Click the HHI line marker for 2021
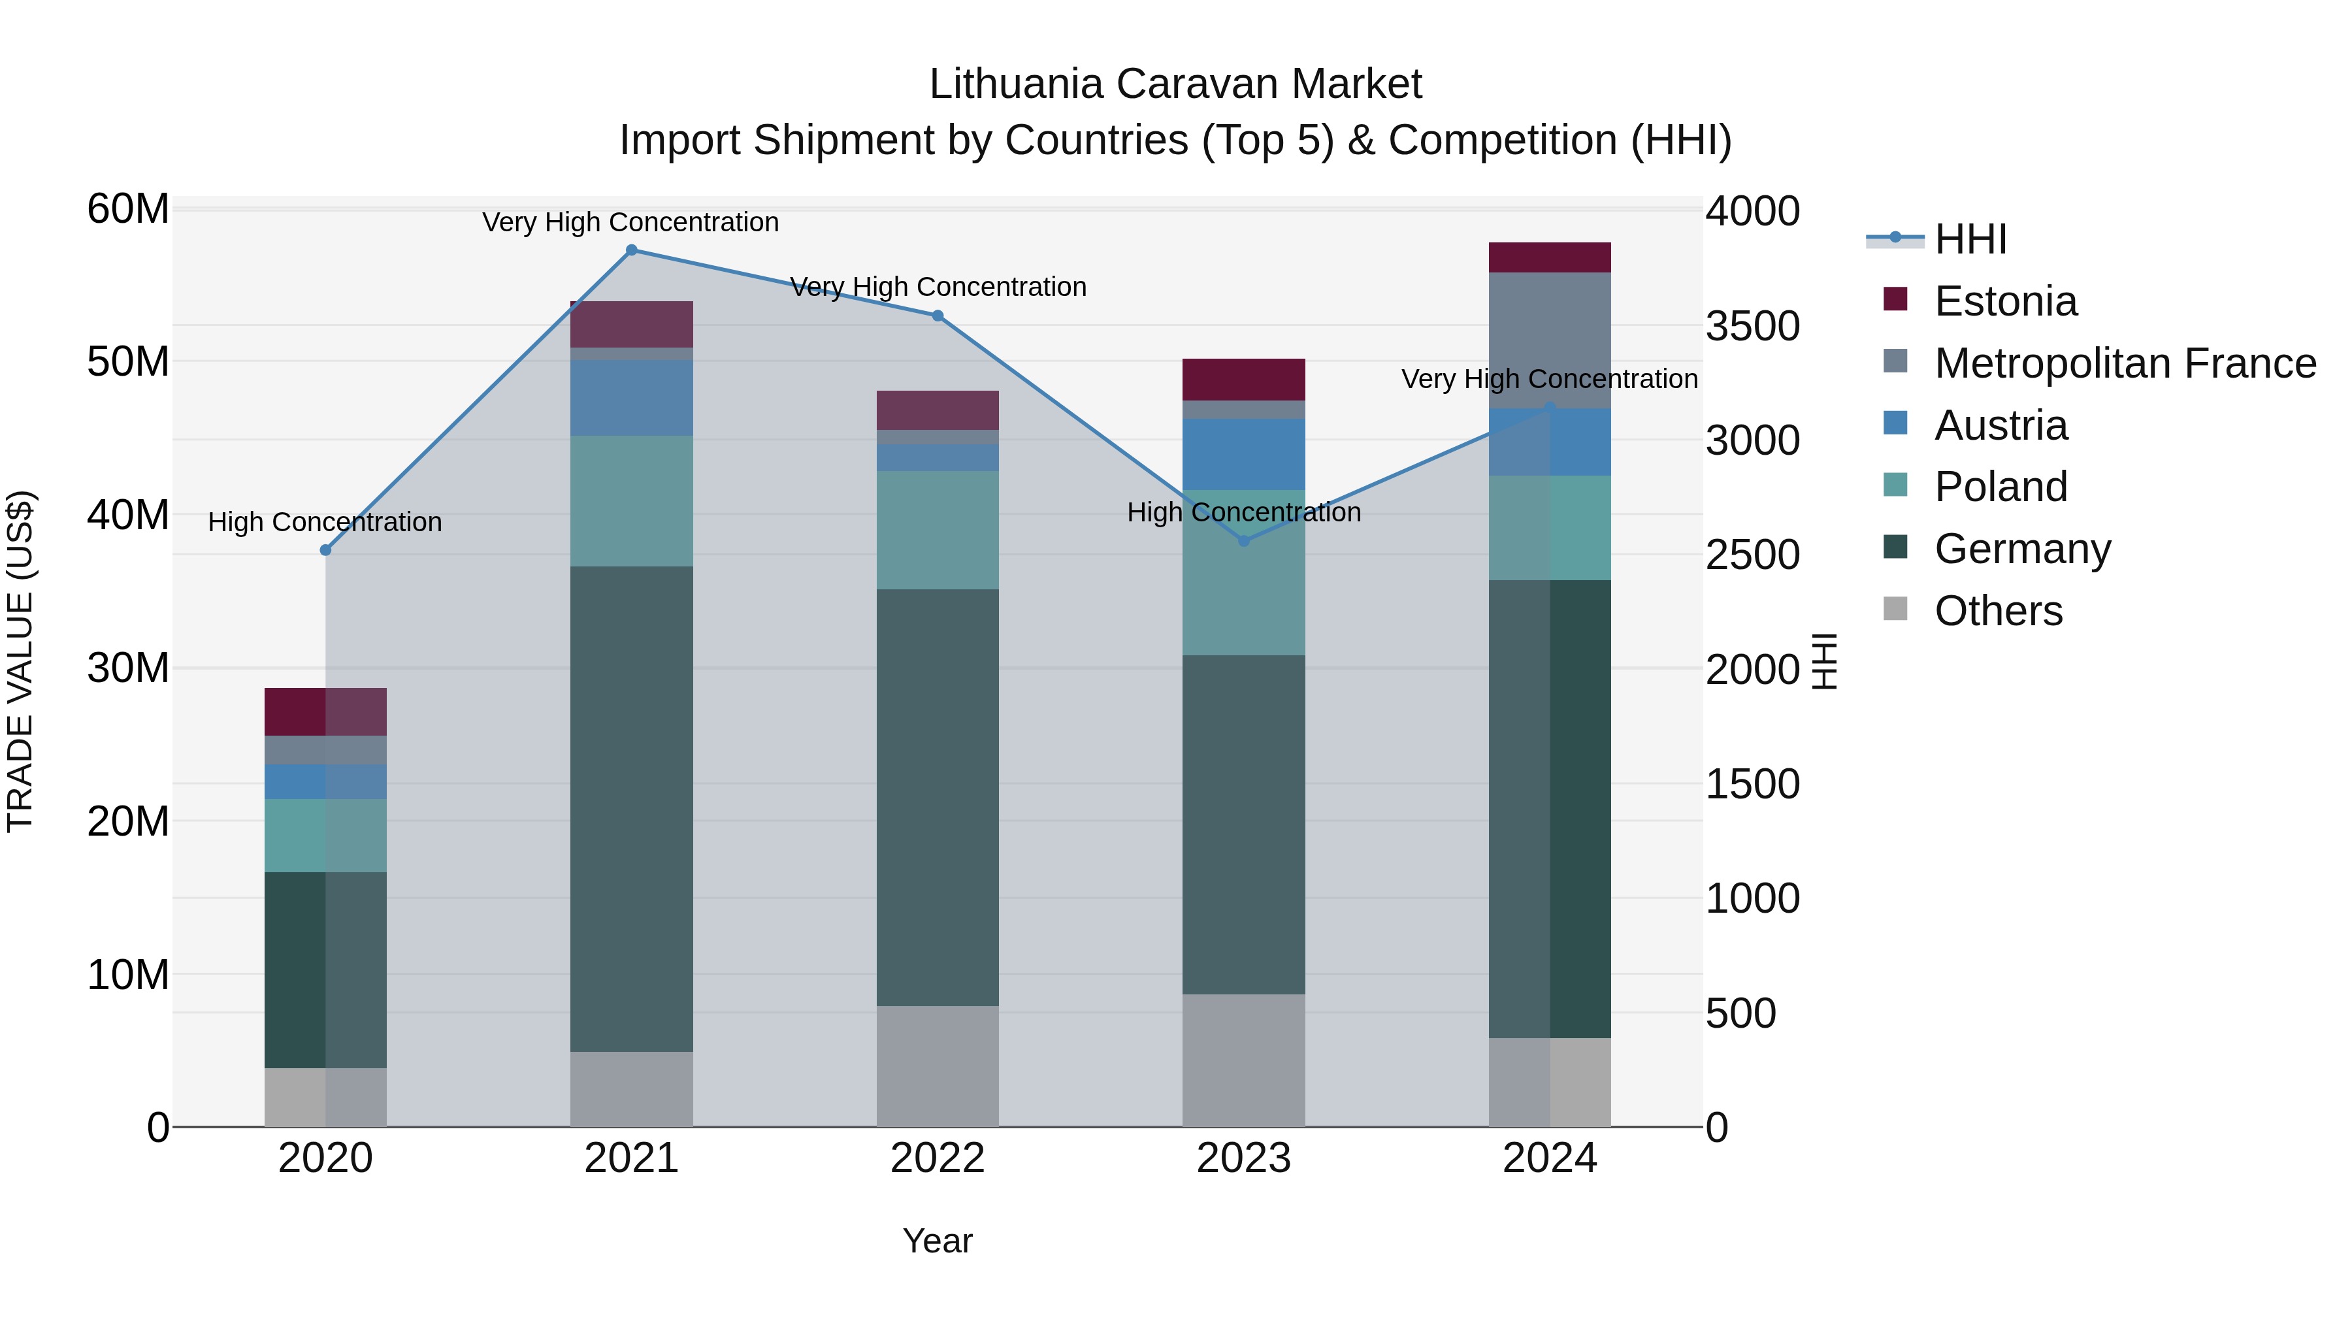(x=631, y=250)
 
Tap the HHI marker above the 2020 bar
(x=325, y=549)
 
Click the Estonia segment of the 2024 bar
(x=1550, y=257)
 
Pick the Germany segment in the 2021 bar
(x=631, y=808)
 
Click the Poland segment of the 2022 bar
(x=938, y=530)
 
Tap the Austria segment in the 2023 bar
(x=1243, y=454)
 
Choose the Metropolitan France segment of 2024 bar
(x=1550, y=340)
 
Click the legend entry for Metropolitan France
(x=2125, y=363)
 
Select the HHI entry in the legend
(x=1969, y=239)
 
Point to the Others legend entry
(x=1998, y=611)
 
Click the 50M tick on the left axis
(x=128, y=361)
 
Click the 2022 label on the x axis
(x=938, y=1158)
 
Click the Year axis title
(x=938, y=1241)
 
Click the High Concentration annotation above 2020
(x=325, y=521)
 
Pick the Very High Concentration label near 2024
(x=1550, y=378)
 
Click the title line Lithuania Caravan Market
(x=1175, y=84)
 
